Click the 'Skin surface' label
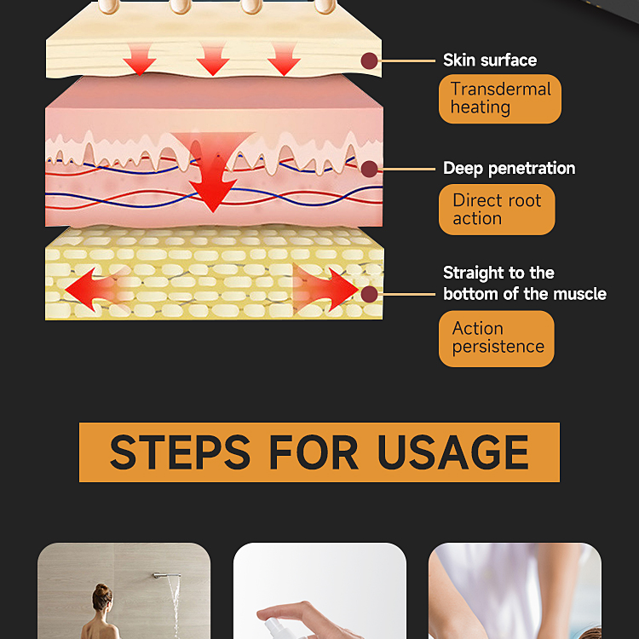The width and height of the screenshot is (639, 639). [489, 60]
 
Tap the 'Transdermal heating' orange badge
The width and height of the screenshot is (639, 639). [499, 99]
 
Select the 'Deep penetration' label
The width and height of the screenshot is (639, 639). [509, 169]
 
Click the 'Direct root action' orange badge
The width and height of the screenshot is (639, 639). [497, 210]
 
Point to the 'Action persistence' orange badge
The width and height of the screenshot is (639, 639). [496, 338]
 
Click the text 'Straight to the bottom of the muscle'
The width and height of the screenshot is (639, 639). [525, 283]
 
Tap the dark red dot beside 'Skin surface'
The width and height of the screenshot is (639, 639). [369, 60]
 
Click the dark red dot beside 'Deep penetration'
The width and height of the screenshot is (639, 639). [369, 169]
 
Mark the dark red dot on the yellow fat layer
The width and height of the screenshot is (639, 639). [369, 294]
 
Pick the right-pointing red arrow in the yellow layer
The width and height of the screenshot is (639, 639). [325, 290]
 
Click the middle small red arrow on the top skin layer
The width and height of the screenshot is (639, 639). [213, 60]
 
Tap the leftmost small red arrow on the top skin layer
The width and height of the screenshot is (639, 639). [140, 60]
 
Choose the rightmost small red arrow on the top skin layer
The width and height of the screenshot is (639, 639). [284, 60]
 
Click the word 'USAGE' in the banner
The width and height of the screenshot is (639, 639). [452, 452]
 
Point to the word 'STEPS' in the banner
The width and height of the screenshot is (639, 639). [180, 452]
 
